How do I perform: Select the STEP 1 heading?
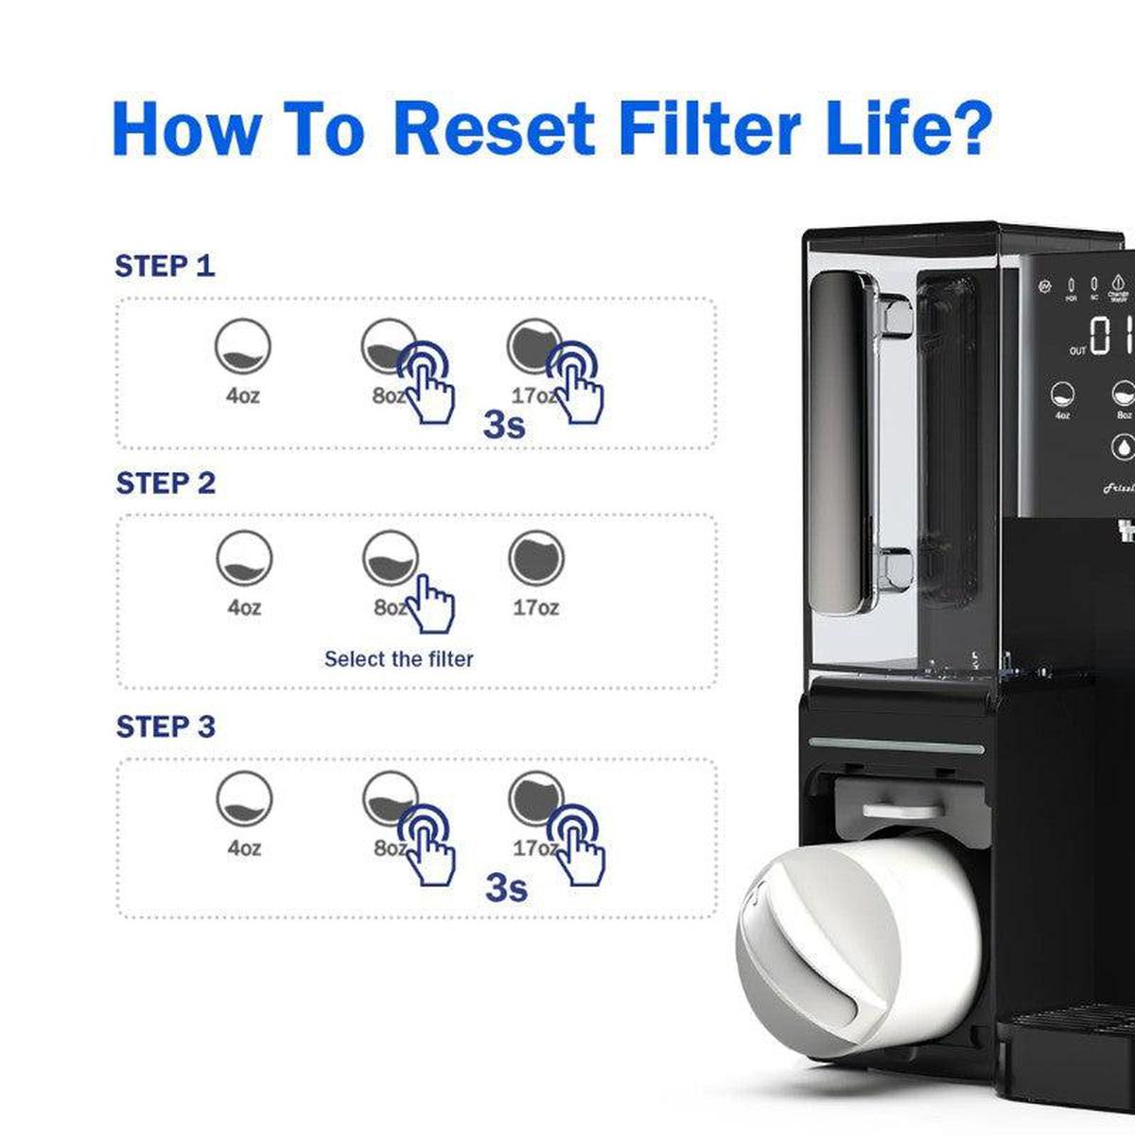tap(165, 267)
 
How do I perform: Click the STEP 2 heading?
tap(166, 483)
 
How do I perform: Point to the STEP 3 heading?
tap(166, 726)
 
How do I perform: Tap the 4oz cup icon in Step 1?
tap(242, 347)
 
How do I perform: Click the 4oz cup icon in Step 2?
tap(244, 559)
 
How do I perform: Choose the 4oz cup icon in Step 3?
tap(244, 799)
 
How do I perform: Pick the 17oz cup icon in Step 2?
tap(536, 558)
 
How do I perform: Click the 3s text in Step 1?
tap(503, 425)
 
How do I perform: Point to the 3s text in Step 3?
tap(506, 887)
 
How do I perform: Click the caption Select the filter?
tap(398, 658)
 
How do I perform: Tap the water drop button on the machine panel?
tap(1123, 445)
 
